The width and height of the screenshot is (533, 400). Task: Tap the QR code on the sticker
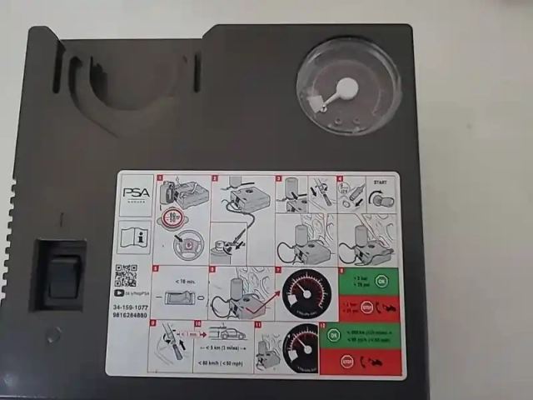pyautogui.click(x=125, y=273)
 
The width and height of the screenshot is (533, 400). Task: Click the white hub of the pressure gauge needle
pyautogui.click(x=347, y=88)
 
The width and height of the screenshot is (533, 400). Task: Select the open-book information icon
pyautogui.click(x=134, y=236)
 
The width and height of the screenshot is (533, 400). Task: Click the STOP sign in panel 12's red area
pyautogui.click(x=346, y=362)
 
